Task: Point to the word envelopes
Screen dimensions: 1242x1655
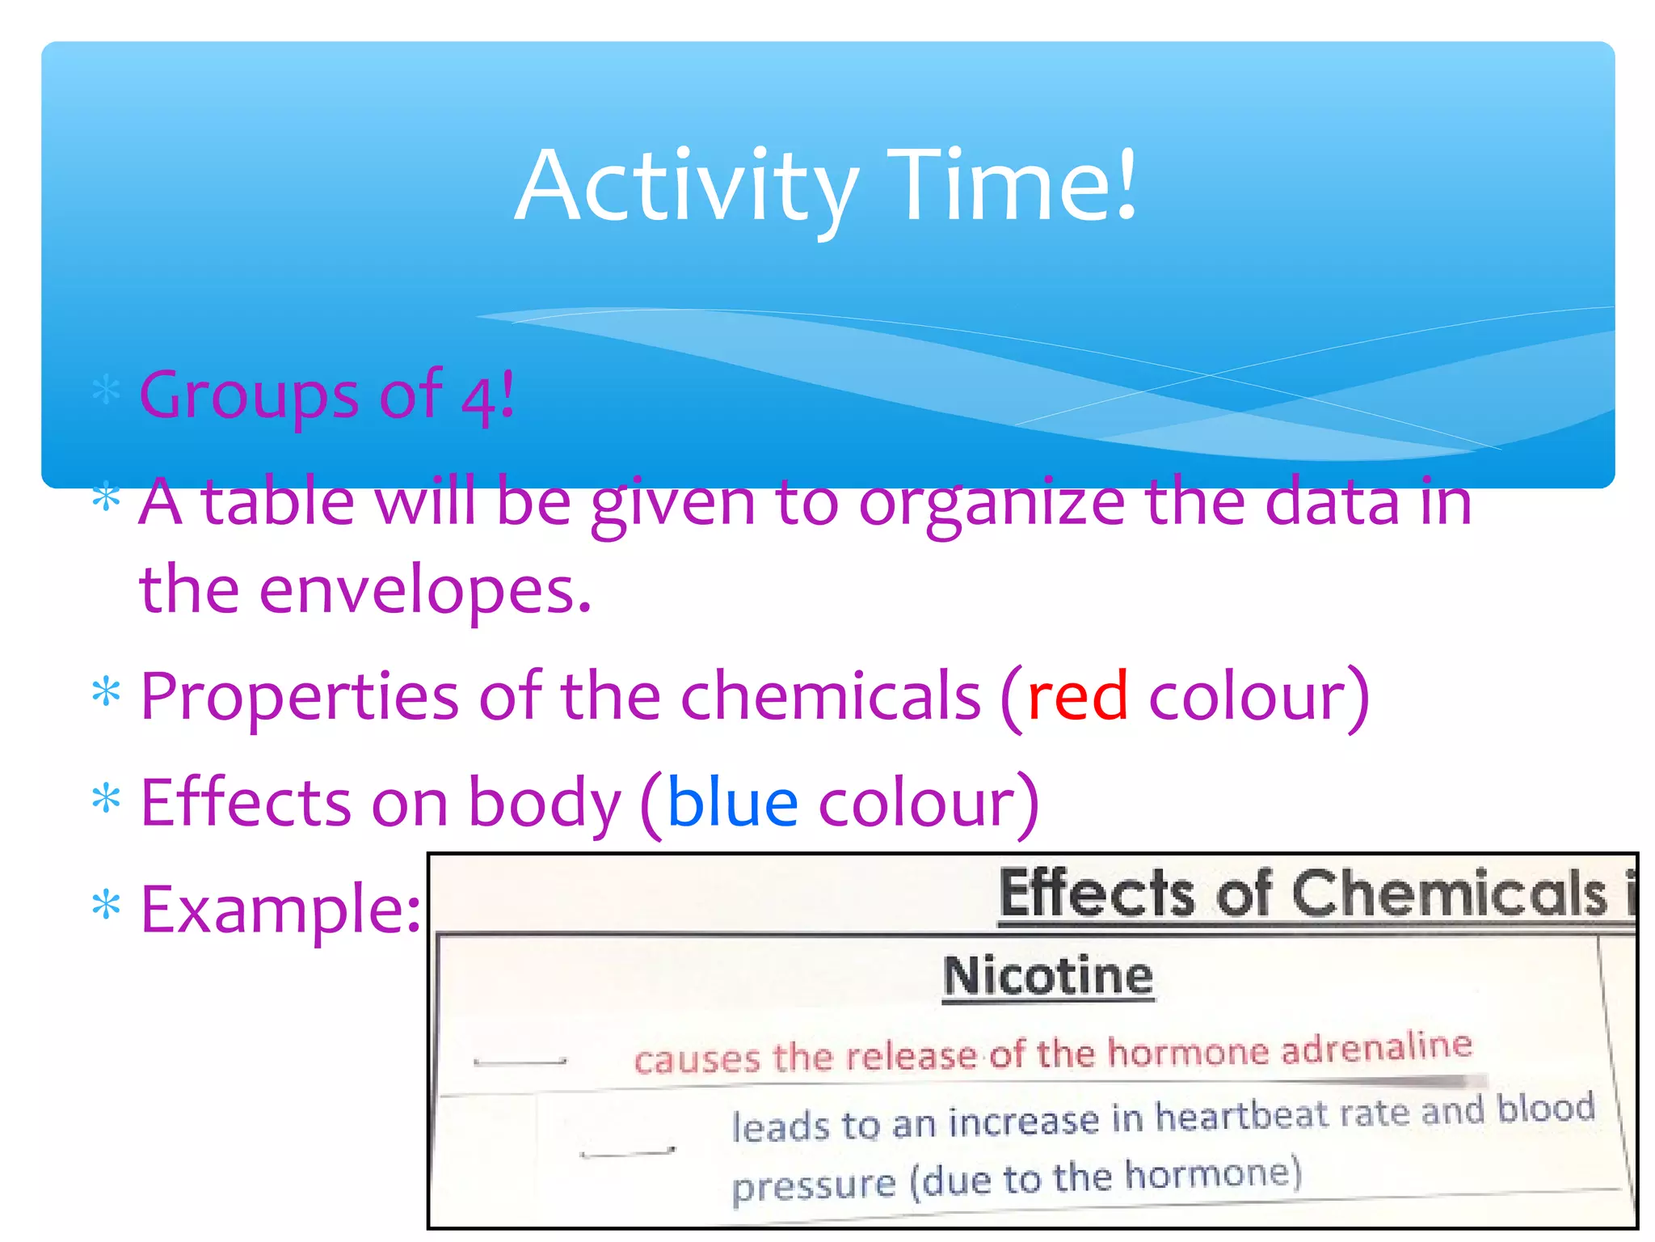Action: tap(426, 589)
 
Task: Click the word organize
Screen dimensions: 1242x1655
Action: tap(992, 503)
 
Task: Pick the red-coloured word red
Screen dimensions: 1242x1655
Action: tap(1077, 696)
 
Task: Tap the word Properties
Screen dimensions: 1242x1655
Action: tap(300, 698)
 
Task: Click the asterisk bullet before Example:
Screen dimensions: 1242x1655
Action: tap(107, 905)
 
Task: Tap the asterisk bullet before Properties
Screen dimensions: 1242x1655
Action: tap(107, 692)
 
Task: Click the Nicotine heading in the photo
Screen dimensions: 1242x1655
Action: tap(1048, 976)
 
